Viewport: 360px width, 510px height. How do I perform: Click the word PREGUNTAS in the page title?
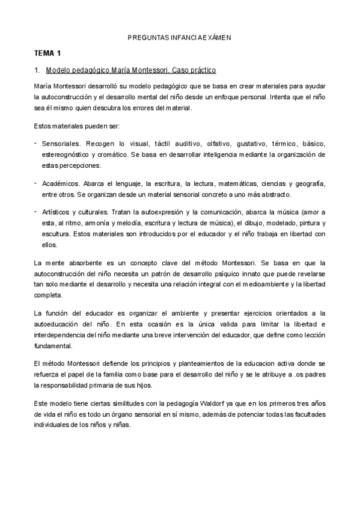coord(147,37)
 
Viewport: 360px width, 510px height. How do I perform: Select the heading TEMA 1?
coord(48,54)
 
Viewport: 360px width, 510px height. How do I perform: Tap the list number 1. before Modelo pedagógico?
coord(37,70)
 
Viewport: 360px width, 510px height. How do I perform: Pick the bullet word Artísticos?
coord(57,212)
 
